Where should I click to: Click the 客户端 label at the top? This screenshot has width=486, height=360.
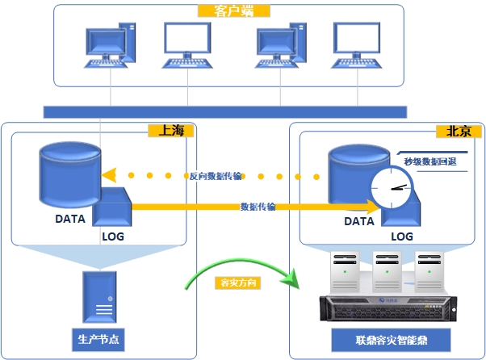click(233, 11)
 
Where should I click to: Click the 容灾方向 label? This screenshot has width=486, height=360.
click(239, 283)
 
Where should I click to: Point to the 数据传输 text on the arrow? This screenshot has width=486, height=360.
click(258, 207)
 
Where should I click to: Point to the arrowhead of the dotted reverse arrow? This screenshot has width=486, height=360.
click(109, 174)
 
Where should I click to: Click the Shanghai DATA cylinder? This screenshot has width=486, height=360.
click(71, 172)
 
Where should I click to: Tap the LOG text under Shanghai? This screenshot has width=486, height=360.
click(113, 237)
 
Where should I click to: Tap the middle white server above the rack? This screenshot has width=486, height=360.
click(388, 271)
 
